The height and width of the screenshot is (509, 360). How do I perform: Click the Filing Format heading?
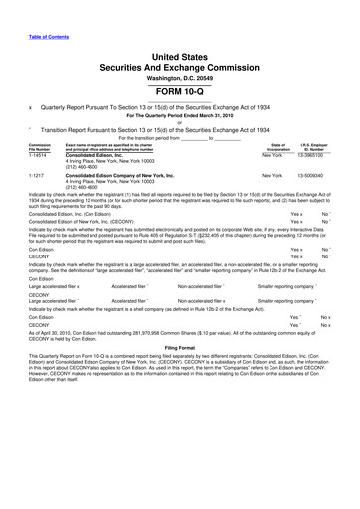(180, 458)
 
